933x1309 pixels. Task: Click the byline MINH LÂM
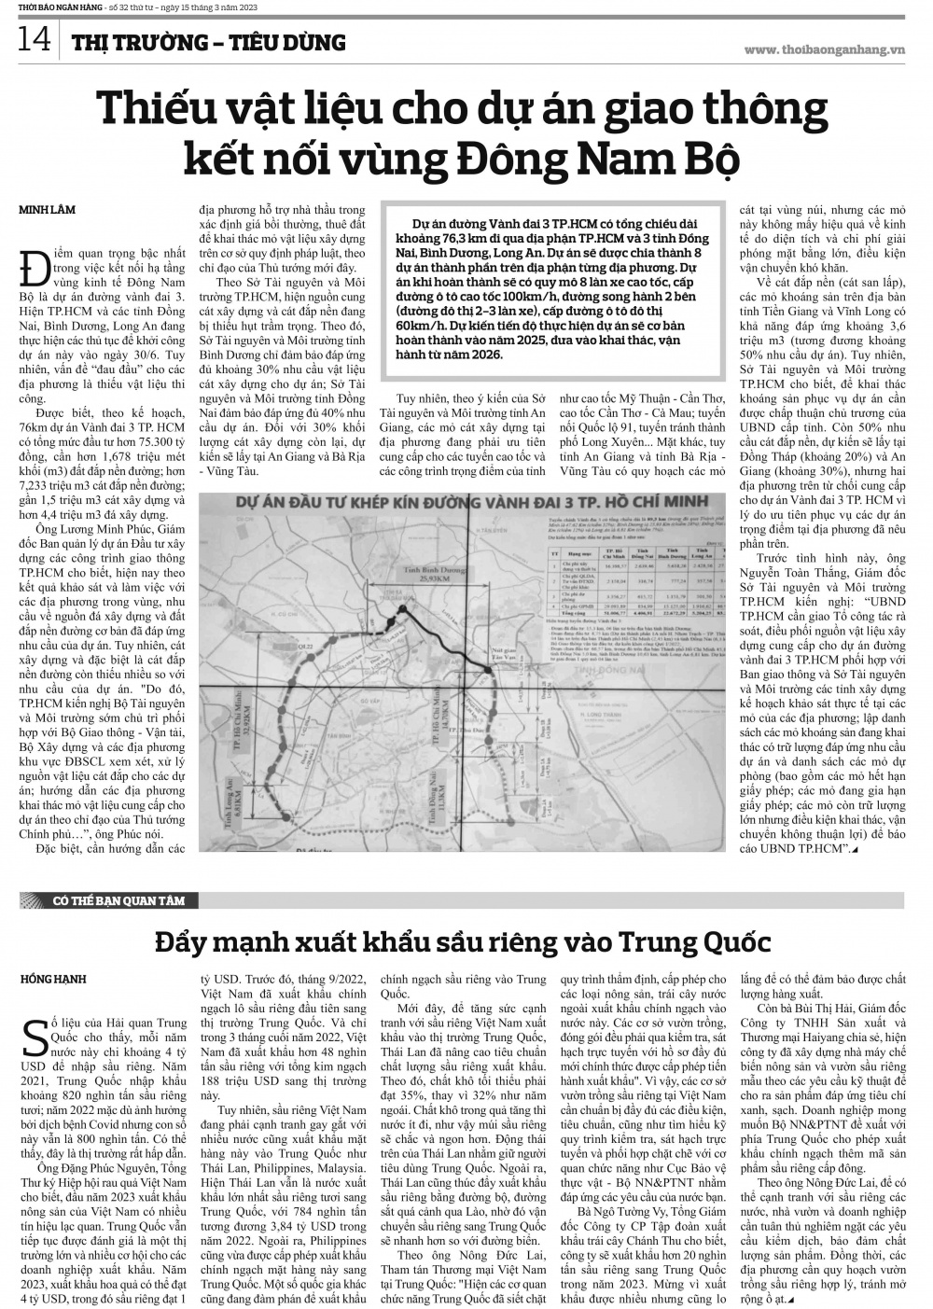click(x=47, y=211)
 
